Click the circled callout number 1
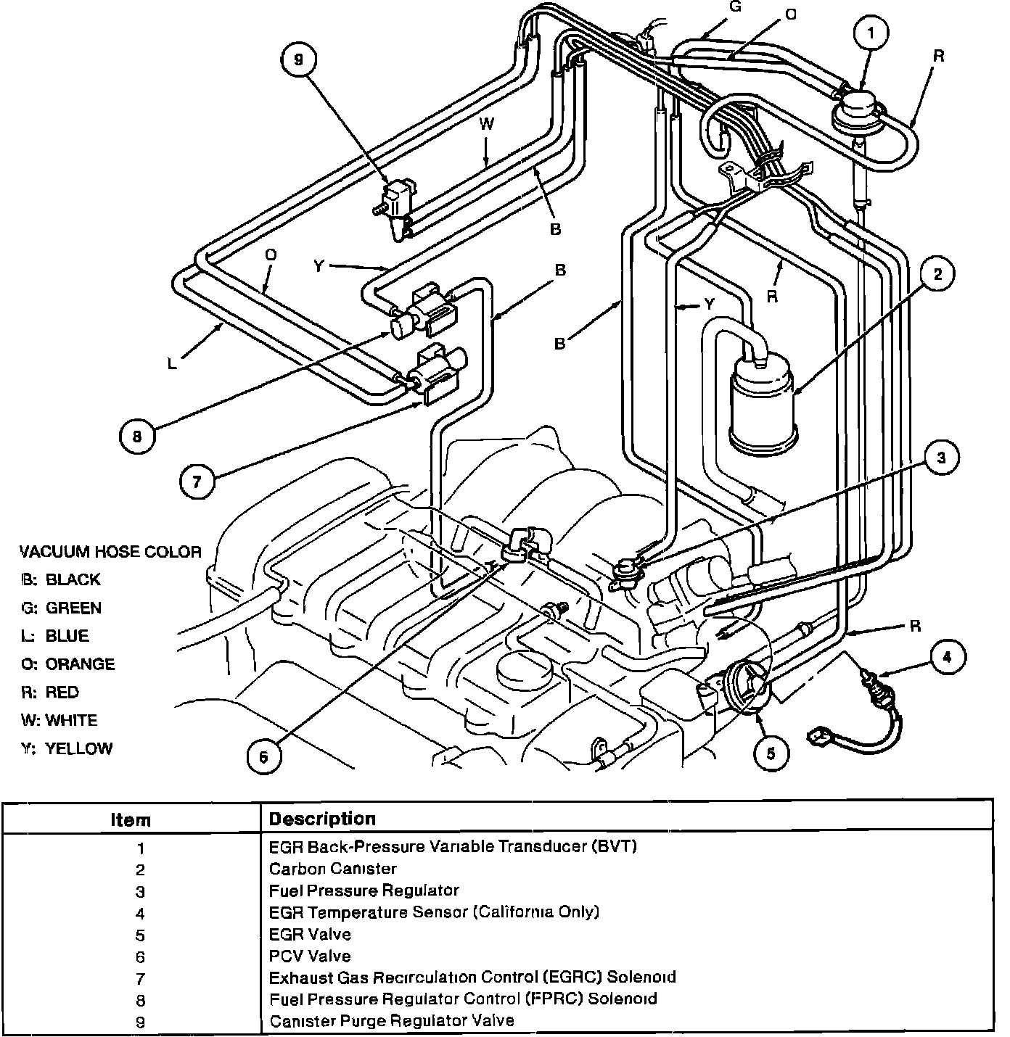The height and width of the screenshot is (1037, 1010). (871, 33)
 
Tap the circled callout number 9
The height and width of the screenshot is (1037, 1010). (299, 59)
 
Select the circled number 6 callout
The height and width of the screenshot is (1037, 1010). (264, 757)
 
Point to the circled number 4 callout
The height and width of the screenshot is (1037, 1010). (947, 657)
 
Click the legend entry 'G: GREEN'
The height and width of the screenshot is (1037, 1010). (61, 608)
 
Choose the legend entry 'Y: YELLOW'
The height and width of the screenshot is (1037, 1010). (67, 748)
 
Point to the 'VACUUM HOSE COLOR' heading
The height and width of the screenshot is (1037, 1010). (110, 552)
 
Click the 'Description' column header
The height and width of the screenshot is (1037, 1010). (322, 819)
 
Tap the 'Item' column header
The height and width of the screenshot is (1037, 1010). (131, 820)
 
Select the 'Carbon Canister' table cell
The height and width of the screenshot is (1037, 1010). (333, 869)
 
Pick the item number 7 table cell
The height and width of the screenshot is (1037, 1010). (140, 979)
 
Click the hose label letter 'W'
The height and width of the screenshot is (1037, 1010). (486, 124)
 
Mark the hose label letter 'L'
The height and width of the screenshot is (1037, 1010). (172, 363)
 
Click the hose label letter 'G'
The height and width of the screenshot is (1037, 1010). (735, 7)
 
